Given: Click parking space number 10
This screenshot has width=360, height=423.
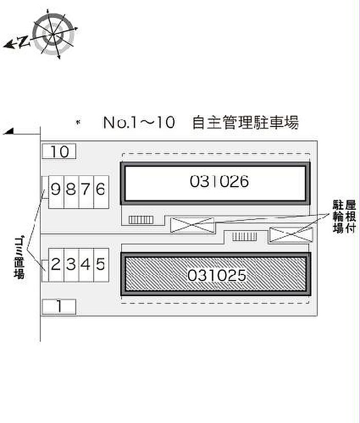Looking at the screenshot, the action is click(59, 151).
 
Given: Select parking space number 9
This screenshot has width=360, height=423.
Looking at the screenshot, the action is click(56, 192).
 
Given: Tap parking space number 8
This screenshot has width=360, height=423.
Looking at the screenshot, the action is click(71, 192).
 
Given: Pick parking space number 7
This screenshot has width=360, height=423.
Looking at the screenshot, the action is click(86, 192).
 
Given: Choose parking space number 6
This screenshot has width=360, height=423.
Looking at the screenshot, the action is click(101, 192).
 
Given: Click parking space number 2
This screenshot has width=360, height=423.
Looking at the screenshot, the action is click(56, 265).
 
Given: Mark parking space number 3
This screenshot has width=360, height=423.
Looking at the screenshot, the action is click(71, 265).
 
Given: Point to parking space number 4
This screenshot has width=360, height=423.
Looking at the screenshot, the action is click(86, 265).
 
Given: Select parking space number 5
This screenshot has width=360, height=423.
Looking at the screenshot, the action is click(101, 265).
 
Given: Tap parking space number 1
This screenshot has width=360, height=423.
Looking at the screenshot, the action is click(59, 307).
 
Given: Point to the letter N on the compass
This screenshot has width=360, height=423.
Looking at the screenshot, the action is click(24, 41).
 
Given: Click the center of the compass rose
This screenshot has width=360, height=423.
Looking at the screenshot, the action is click(53, 34).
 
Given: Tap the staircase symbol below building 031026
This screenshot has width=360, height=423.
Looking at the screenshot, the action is click(141, 220).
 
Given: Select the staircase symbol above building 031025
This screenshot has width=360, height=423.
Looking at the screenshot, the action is click(244, 236).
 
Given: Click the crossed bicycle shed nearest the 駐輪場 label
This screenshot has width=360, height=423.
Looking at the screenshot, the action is click(291, 235).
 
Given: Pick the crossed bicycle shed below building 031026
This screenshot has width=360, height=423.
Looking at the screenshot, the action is click(192, 225).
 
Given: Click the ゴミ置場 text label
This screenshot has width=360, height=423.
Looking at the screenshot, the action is click(20, 258).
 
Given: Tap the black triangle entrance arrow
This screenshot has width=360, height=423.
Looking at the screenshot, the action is click(9, 131).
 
